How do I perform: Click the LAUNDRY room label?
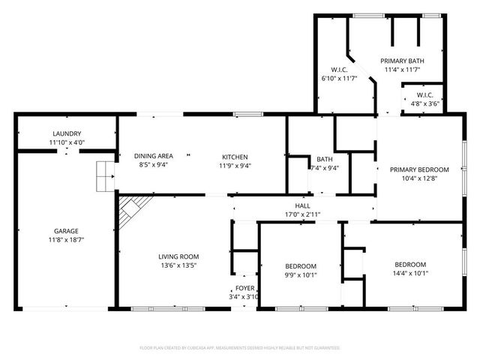tap(66, 133)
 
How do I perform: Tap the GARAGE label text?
tap(66, 231)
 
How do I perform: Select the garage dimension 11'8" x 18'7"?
tap(66, 240)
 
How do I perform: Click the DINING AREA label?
tap(154, 156)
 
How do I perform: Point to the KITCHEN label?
tap(234, 156)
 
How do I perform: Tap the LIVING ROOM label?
tap(178, 256)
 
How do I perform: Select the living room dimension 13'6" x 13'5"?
tap(178, 265)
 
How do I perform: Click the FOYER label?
tap(245, 288)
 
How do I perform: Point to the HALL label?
tap(302, 205)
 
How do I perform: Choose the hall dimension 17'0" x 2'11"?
tap(302, 214)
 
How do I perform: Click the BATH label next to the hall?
tap(324, 159)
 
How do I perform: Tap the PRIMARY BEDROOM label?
tap(419, 169)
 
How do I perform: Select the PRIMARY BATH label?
tap(401, 61)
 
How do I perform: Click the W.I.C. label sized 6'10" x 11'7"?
tap(338, 69)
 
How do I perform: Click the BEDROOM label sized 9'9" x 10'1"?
tap(301, 265)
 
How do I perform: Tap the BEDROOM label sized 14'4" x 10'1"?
tap(410, 264)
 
